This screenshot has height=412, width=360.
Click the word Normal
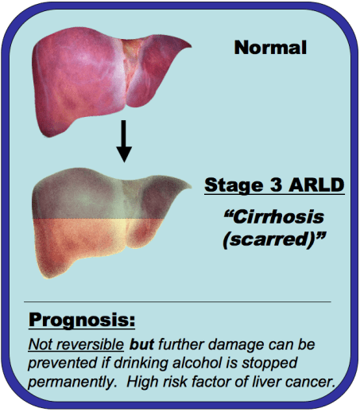click(270, 48)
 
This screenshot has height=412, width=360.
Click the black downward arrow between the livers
click(122, 142)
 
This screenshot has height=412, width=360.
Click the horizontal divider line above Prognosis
click(180, 302)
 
